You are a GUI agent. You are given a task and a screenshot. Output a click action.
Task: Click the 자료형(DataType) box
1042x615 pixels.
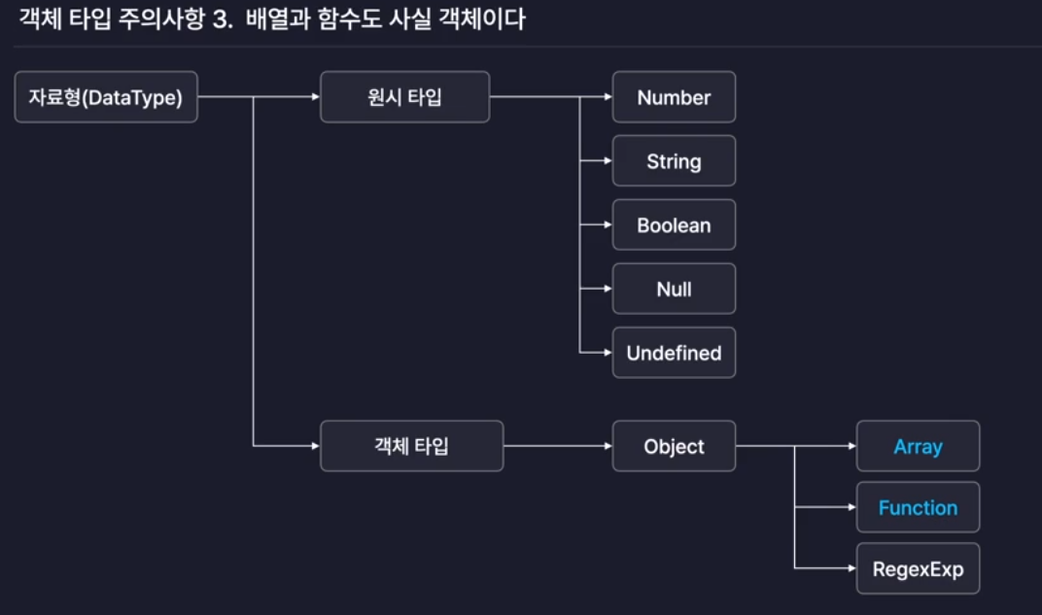(x=106, y=97)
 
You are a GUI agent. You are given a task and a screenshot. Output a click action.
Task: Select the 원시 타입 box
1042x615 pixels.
(x=404, y=97)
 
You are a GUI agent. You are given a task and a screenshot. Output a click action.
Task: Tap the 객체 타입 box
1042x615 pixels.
(x=411, y=446)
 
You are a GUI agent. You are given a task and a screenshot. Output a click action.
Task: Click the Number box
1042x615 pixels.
(x=674, y=97)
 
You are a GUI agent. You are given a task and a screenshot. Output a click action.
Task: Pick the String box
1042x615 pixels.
(x=674, y=161)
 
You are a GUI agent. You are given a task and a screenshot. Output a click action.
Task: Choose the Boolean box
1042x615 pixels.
(x=674, y=225)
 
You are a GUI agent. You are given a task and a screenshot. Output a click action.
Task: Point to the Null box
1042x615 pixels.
(x=674, y=289)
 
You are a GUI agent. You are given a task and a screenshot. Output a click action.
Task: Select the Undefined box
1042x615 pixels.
(x=674, y=353)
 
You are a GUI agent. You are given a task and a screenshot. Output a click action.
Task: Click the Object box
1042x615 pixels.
(x=674, y=446)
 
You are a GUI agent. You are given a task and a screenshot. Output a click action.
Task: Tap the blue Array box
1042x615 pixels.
(x=918, y=447)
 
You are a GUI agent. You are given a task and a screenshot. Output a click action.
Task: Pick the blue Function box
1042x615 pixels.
(x=918, y=507)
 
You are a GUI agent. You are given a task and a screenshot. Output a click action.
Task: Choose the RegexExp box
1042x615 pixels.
(x=918, y=568)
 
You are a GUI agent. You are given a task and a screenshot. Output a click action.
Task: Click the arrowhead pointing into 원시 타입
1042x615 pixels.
(x=315, y=97)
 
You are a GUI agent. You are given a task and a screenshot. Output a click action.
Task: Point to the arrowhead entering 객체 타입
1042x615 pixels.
(x=315, y=446)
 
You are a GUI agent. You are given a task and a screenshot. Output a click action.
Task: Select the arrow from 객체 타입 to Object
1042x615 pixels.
(x=558, y=446)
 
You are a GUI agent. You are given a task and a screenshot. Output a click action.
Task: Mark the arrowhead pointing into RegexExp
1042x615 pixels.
(x=851, y=568)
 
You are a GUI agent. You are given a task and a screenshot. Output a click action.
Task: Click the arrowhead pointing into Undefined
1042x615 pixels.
(x=607, y=353)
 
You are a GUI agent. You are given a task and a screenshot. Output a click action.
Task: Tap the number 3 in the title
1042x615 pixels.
(x=219, y=18)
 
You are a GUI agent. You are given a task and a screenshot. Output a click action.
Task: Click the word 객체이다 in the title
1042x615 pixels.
(x=486, y=18)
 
